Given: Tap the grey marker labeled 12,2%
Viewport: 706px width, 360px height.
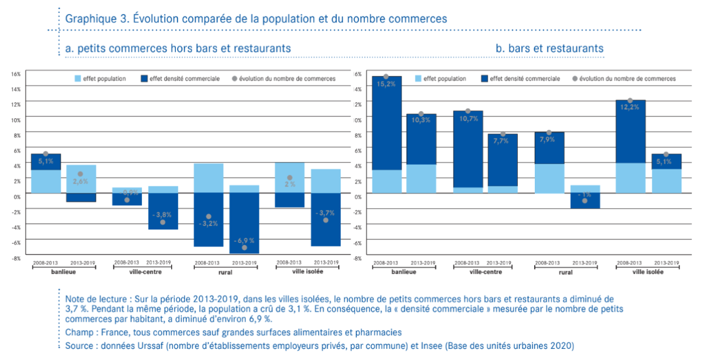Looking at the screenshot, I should click(630, 101).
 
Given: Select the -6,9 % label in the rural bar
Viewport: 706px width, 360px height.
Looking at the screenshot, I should click(244, 241).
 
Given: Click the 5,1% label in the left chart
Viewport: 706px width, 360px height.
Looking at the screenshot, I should click(46, 161).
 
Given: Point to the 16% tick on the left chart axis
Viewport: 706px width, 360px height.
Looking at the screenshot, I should click(16, 74).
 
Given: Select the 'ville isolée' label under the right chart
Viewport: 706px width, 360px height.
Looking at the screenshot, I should click(647, 272).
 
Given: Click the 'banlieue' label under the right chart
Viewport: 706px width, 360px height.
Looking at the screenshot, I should click(403, 272).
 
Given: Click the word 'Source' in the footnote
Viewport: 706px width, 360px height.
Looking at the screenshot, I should click(81, 345).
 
